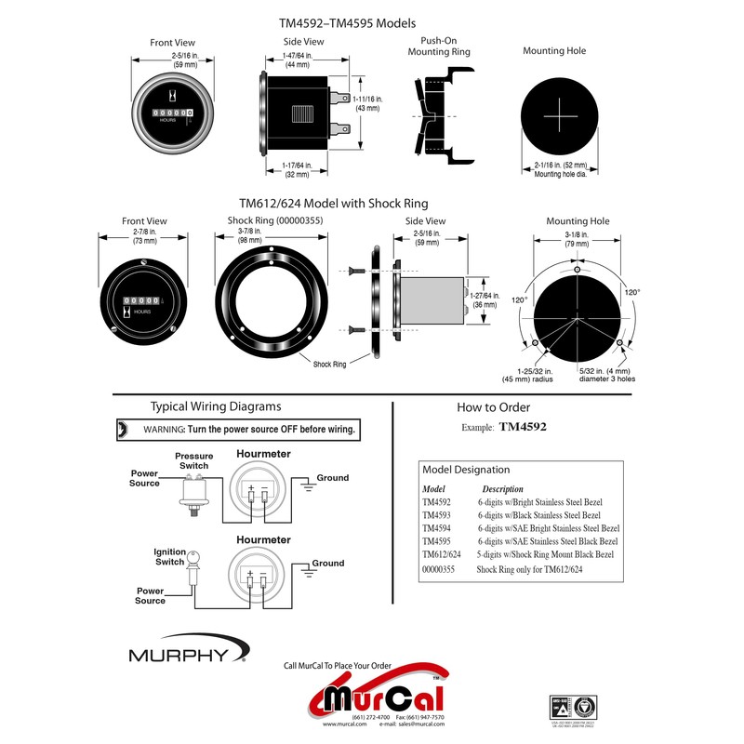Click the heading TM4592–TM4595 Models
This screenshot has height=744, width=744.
348,21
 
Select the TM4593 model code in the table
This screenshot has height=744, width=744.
436,515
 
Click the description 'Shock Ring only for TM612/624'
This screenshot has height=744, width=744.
529,567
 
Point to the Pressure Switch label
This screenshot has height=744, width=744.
193,460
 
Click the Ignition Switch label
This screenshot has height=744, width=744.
169,556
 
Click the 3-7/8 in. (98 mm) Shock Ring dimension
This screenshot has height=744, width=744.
274,236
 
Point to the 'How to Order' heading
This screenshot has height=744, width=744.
493,407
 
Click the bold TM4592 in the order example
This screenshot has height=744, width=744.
523,428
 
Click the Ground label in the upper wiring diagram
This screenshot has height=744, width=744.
333,478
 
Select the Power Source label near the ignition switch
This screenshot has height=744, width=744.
151,595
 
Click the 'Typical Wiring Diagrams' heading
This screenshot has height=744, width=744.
216,406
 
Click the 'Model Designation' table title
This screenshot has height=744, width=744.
466,470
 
